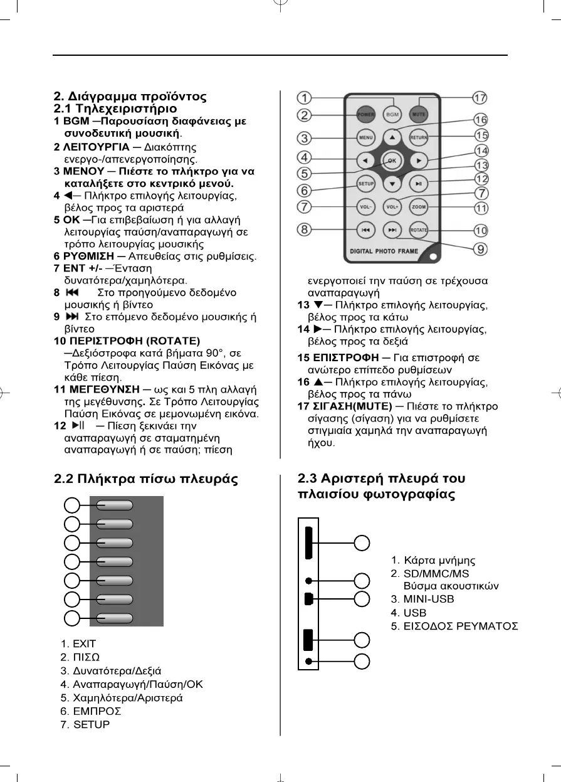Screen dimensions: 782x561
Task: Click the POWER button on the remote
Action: [x=367, y=115]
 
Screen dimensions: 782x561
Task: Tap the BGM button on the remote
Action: [x=392, y=115]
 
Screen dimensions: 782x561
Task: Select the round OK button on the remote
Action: [x=392, y=161]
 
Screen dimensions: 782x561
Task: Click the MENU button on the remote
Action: [x=366, y=137]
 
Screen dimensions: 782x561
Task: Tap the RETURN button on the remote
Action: [x=419, y=137]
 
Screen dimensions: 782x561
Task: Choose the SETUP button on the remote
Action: [x=366, y=184]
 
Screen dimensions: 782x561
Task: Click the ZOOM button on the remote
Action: [x=419, y=206]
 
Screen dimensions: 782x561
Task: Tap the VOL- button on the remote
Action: [x=366, y=206]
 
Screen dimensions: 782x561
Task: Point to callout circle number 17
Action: [x=480, y=98]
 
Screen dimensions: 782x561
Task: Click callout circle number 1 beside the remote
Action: [x=305, y=98]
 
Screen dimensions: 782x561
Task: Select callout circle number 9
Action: [x=480, y=249]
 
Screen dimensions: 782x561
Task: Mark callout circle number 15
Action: [x=481, y=135]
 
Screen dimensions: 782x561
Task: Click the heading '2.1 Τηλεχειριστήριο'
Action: [x=111, y=108]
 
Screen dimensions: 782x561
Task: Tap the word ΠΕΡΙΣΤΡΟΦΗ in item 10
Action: [x=99, y=341]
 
